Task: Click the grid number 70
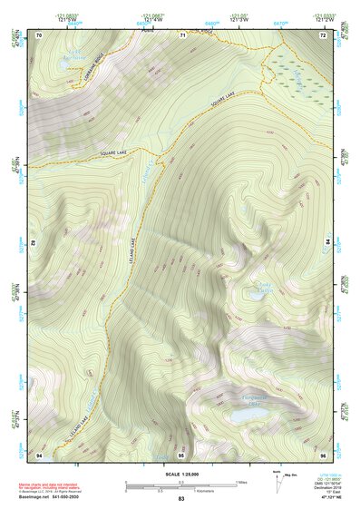tap(40, 34)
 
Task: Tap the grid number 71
tap(182, 34)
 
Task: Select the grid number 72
tap(322, 34)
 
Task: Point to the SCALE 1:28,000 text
tap(181, 473)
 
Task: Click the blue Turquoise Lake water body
tap(248, 413)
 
